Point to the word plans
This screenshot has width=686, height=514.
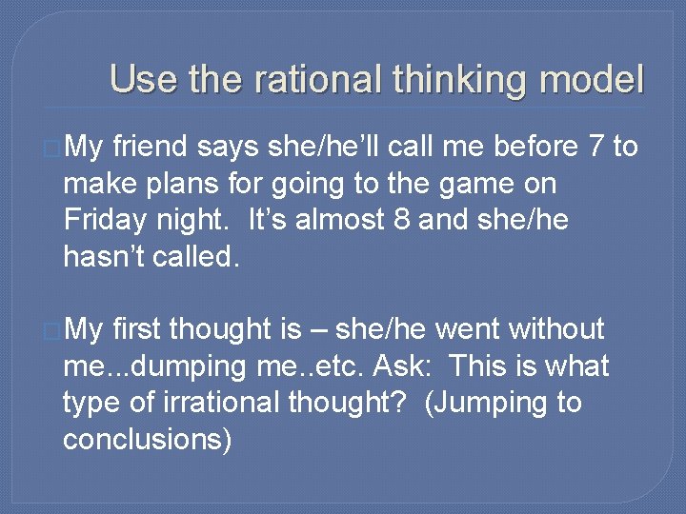coord(187,184)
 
